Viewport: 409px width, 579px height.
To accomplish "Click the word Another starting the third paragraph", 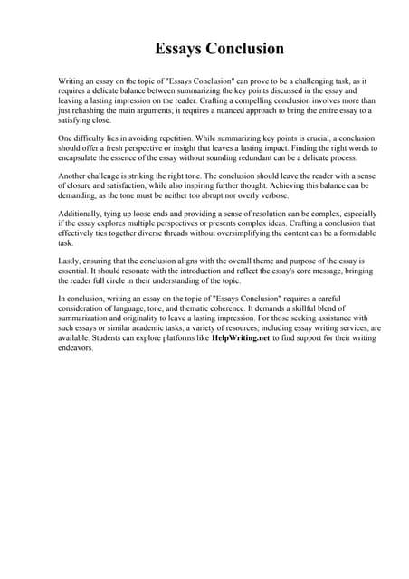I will click(74, 176).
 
